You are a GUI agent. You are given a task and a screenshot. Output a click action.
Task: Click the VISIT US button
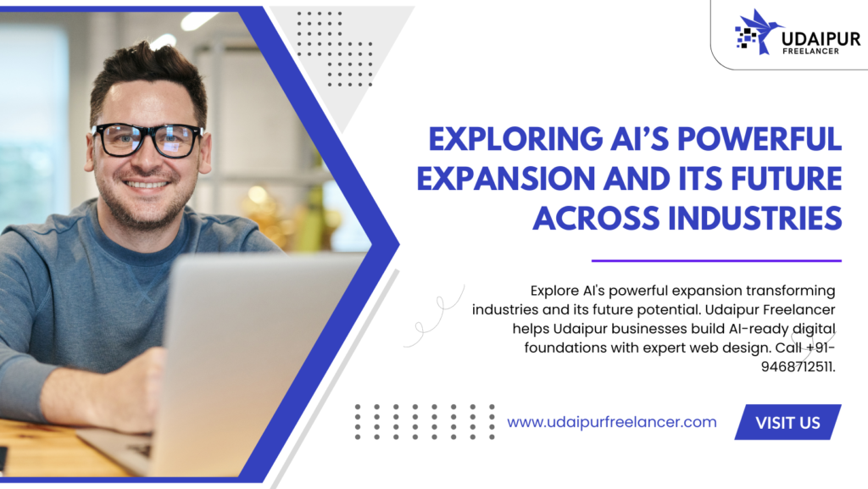pos(787,422)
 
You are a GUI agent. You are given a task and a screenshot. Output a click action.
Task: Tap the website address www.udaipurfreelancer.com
pos(612,422)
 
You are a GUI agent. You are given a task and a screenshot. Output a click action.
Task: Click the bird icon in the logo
pos(759,31)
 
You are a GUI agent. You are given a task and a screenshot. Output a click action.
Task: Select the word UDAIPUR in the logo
pos(821,39)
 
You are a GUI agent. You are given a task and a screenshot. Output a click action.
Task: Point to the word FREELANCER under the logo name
pos(810,51)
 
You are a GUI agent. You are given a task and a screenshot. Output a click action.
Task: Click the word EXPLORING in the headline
pos(515,139)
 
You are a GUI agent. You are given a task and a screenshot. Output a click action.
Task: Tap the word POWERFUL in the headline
pos(759,139)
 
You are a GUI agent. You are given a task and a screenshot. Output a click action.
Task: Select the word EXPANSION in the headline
pos(506,179)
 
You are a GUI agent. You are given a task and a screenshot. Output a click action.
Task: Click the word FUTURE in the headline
pos(787,179)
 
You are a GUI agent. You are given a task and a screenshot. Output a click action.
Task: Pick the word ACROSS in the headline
pos(596,219)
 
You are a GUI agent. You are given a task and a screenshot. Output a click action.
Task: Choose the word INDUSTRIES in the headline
pos(755,219)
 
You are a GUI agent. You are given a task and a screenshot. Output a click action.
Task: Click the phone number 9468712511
pos(797,367)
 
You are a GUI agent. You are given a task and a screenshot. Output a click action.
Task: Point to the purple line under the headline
pos(716,260)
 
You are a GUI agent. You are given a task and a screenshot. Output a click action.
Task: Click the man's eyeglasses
pos(147,139)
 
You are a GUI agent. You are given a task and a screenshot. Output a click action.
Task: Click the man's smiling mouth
pos(146,185)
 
